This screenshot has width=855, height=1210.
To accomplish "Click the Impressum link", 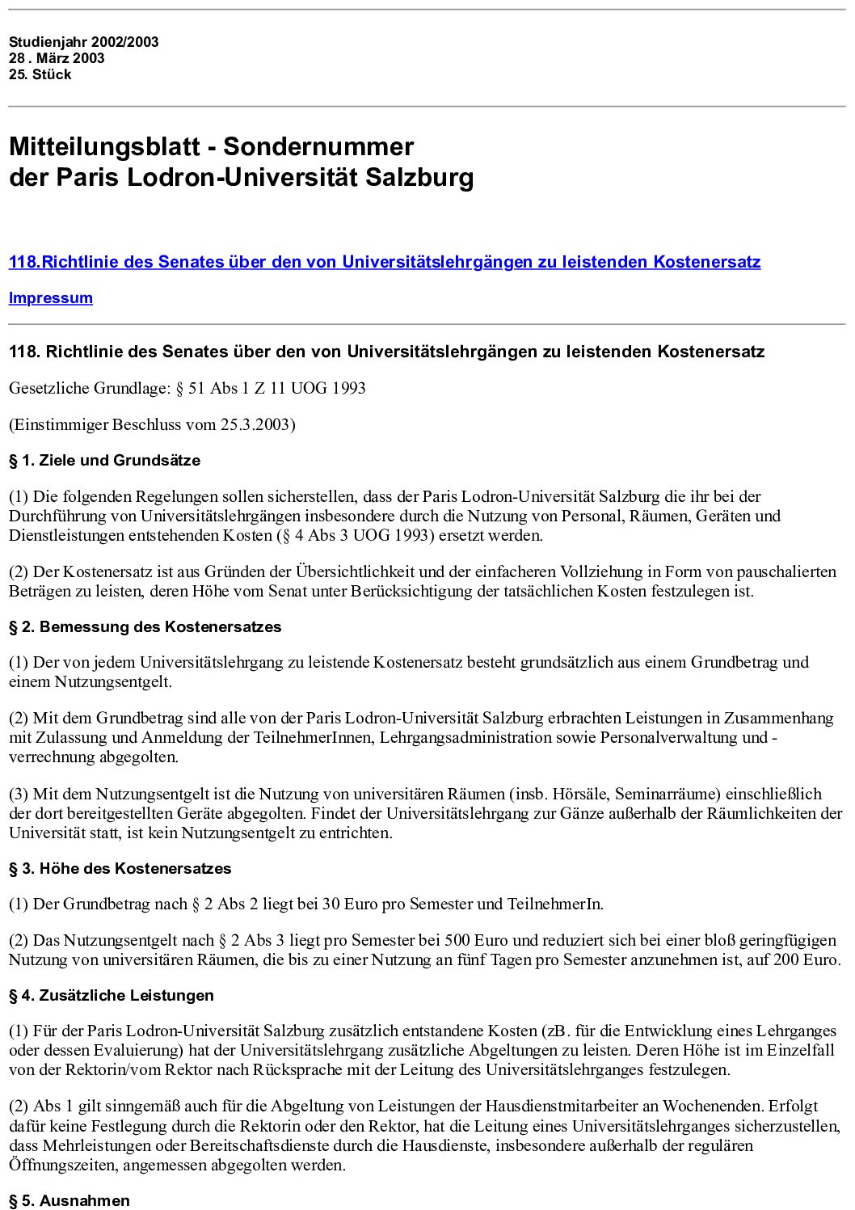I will tap(50, 297).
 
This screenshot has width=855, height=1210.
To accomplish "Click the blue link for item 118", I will tap(385, 262).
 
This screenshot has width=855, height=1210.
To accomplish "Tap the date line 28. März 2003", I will tap(57, 58).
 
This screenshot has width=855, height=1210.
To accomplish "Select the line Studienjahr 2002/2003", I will tap(83, 42).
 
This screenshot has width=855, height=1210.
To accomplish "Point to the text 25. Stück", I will tap(40, 74).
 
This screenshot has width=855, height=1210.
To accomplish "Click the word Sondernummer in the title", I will tap(318, 146).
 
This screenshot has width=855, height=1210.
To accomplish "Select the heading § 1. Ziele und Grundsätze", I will tap(104, 460).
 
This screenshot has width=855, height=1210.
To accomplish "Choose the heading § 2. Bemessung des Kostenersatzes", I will tap(145, 626).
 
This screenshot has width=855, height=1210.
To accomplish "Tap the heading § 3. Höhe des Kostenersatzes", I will tap(120, 868).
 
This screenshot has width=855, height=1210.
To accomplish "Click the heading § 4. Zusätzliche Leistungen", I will tap(111, 995).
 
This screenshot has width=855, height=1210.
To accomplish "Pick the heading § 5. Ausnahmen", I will tap(69, 1200).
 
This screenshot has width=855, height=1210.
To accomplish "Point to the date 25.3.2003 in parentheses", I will tap(255, 424).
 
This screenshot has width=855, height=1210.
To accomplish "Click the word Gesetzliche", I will tap(48, 388).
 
